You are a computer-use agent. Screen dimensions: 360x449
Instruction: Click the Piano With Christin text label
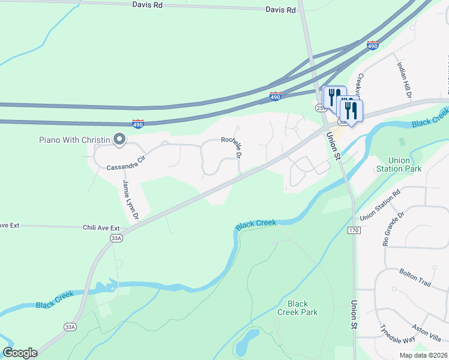tap(74, 140)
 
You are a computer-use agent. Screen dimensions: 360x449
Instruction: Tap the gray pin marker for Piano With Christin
tap(119, 140)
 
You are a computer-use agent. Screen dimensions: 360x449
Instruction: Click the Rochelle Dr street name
tap(231, 146)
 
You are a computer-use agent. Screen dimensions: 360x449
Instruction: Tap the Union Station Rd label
tap(379, 205)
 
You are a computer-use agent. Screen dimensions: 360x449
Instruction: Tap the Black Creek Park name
tap(297, 308)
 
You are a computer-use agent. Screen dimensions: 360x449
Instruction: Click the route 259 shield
tap(320, 107)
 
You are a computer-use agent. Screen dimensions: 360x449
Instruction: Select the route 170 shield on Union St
tap(354, 230)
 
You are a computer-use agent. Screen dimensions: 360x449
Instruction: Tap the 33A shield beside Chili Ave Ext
tap(116, 238)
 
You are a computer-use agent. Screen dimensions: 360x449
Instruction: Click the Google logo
tap(20, 353)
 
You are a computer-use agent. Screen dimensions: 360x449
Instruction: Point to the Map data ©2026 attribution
tap(423, 355)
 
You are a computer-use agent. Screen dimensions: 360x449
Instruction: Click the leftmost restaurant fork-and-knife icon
tap(333, 97)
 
